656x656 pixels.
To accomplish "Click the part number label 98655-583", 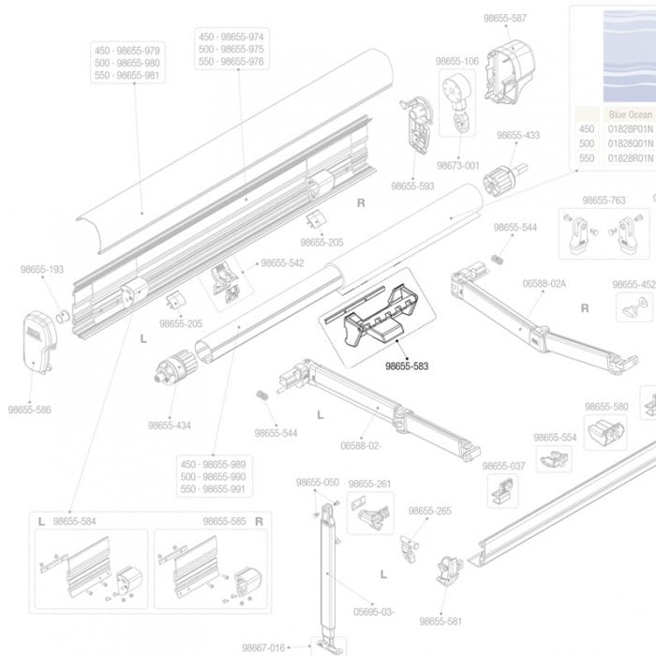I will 407,366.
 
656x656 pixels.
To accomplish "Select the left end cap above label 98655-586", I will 41,342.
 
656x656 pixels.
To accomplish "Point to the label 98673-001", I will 458,166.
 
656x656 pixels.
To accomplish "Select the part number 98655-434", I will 169,425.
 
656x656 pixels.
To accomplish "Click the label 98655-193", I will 42,270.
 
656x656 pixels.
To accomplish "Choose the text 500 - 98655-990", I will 213,477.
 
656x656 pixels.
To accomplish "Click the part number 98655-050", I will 318,483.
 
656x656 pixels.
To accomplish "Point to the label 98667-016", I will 262,647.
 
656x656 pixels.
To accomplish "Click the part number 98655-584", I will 75,521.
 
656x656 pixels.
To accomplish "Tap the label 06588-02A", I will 544,282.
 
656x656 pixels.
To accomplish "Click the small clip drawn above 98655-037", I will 502,489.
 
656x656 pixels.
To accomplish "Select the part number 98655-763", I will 604,201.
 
